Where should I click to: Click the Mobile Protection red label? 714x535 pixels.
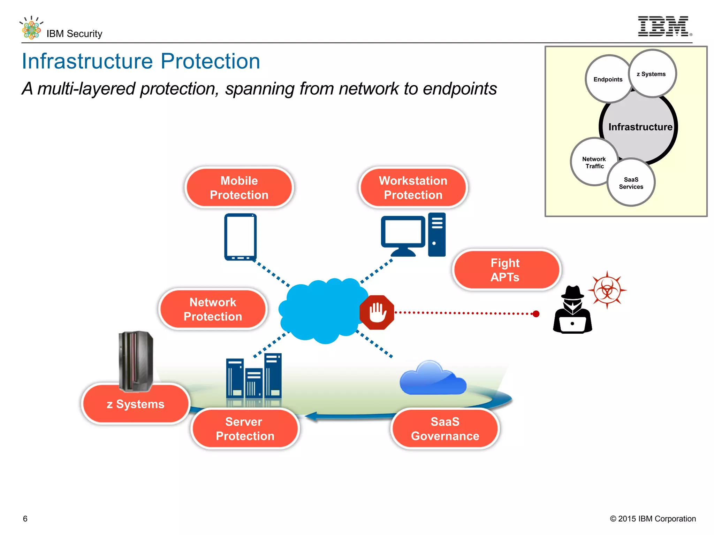pos(239,188)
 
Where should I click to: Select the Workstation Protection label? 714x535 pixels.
pos(413,188)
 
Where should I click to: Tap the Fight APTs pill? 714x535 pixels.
pos(505,270)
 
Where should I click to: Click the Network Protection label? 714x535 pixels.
pos(213,309)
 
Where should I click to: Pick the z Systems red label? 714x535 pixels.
pos(136,404)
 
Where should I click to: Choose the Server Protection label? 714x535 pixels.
pos(245,429)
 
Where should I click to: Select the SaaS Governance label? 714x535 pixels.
pos(445,429)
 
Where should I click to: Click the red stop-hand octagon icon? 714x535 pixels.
pos(377,312)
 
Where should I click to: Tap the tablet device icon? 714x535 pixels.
pos(240,237)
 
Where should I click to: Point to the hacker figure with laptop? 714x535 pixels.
pos(572,310)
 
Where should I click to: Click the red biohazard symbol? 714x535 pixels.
pos(607,290)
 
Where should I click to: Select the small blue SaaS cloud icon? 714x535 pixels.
pos(432,379)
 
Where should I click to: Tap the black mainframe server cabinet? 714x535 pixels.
pos(136,360)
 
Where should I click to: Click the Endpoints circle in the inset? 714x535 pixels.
pos(608,79)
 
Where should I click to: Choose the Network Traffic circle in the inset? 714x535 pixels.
pos(594,162)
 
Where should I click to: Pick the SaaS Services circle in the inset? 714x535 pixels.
pos(631,183)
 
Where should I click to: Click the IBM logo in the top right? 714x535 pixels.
pos(663,26)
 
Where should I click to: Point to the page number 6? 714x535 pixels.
pos(25,519)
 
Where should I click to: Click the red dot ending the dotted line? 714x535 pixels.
pos(536,314)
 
